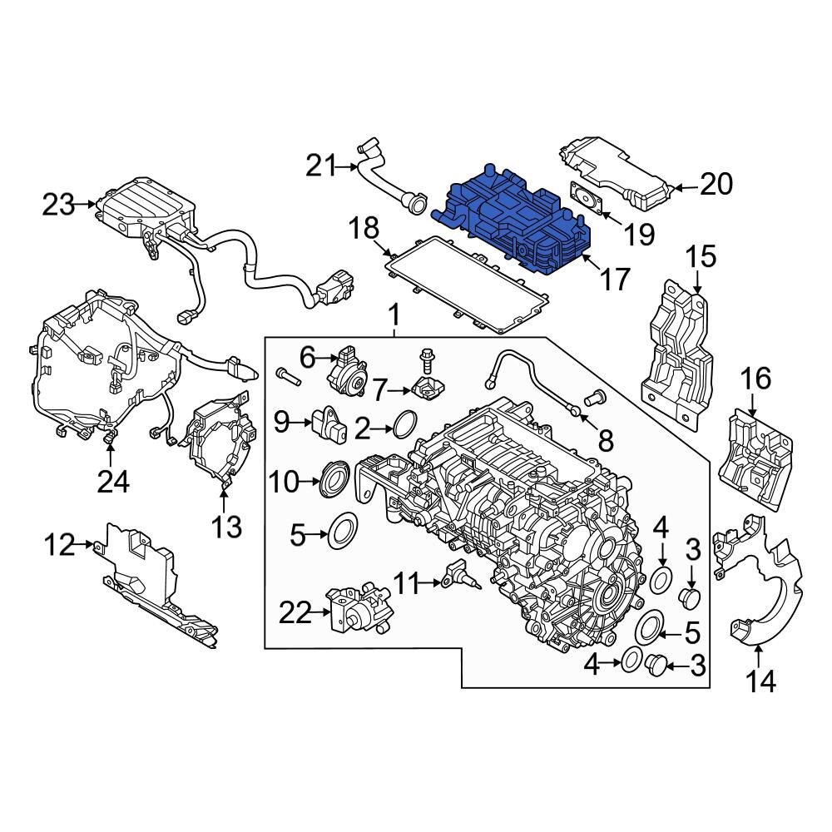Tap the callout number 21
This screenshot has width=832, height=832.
321,167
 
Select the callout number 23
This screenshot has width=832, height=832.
59,205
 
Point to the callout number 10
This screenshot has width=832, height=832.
285,483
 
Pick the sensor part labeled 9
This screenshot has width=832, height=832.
329,424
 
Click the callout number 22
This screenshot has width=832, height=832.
295,614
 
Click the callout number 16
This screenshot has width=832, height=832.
756,380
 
